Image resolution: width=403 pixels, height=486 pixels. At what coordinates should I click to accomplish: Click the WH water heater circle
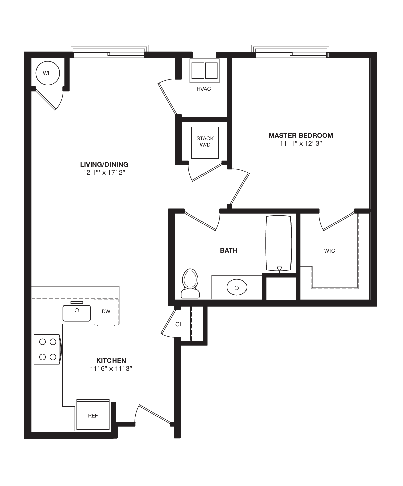pyautogui.click(x=47, y=73)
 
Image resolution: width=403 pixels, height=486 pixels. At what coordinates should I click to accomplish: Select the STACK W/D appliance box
pyautogui.click(x=205, y=142)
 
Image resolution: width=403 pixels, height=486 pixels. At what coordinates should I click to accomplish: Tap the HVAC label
pyautogui.click(x=204, y=89)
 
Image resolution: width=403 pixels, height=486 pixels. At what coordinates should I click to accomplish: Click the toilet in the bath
pyautogui.click(x=190, y=283)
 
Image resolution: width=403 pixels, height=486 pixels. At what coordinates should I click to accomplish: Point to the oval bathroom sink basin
pyautogui.click(x=237, y=287)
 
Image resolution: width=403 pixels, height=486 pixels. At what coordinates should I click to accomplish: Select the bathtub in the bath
pyautogui.click(x=278, y=243)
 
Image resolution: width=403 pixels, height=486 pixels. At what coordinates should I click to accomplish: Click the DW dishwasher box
pyautogui.click(x=106, y=311)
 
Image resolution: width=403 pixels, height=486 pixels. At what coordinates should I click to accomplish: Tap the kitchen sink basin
pyautogui.click(x=77, y=313)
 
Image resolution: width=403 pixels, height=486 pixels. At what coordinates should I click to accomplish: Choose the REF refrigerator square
pyautogui.click(x=93, y=415)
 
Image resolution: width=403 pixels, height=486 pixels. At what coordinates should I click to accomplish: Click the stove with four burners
pyautogui.click(x=48, y=349)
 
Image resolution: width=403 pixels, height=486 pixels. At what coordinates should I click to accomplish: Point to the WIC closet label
pyautogui.click(x=330, y=251)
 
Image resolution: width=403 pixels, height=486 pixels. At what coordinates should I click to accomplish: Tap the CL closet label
pyautogui.click(x=179, y=324)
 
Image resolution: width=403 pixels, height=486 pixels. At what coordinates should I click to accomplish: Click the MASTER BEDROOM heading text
pyautogui.click(x=301, y=135)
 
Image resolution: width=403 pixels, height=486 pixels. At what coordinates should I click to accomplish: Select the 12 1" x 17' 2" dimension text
pyautogui.click(x=104, y=173)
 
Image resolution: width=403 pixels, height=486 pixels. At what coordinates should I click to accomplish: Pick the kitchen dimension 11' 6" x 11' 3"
pyautogui.click(x=111, y=369)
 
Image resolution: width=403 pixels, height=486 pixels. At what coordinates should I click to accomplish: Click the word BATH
pyautogui.click(x=229, y=250)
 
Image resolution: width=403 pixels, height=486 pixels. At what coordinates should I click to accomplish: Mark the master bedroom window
pyautogui.click(x=291, y=52)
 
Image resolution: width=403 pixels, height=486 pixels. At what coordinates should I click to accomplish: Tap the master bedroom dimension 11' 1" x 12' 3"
pyautogui.click(x=301, y=144)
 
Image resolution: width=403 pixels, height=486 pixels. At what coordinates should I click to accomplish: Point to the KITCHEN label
pyautogui.click(x=111, y=360)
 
